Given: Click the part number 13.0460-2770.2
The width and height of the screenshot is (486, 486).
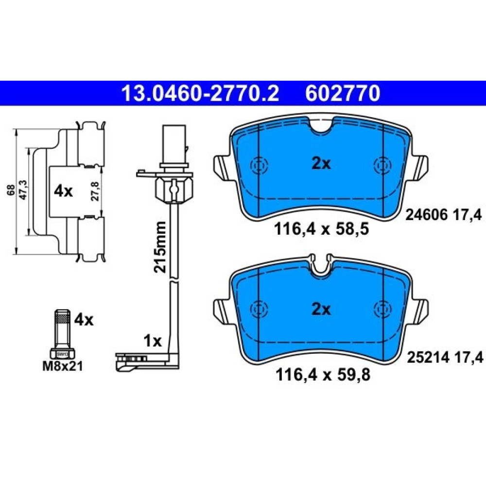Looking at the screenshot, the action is pos(200,93).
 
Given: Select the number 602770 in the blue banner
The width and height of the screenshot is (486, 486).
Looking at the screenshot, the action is pos(343,93).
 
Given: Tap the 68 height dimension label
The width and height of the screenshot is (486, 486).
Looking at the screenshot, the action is pos(12,190).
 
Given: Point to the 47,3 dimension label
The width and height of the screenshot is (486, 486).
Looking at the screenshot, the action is pos(23,190).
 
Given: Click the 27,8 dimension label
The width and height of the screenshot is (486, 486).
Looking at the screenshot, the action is pos(95,191).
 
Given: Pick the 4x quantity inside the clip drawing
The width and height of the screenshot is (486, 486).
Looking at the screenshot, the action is pos(63,191).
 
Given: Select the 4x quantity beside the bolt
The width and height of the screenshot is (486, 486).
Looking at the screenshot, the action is pos(84,320).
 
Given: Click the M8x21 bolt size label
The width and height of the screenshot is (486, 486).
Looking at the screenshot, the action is pos(63,366).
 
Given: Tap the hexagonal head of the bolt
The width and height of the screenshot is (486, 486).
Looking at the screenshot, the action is pos(63,354).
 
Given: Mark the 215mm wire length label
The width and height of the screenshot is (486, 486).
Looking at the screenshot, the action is pos(160,247).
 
